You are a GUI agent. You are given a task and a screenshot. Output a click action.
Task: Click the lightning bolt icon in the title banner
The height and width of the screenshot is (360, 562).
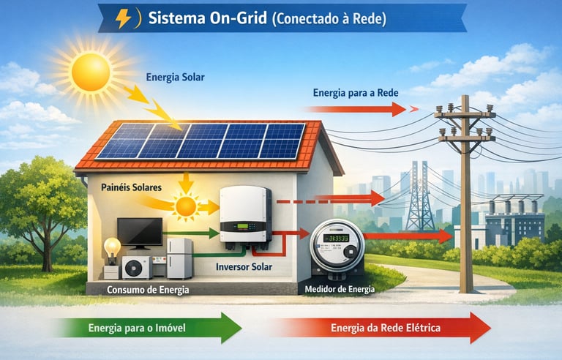pyautogui.click(x=124, y=18)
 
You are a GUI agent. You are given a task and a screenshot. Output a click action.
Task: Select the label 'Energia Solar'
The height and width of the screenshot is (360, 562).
pyautogui.click(x=176, y=76)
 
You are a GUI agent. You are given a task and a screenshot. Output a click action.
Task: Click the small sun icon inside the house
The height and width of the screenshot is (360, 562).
pyautogui.click(x=186, y=206)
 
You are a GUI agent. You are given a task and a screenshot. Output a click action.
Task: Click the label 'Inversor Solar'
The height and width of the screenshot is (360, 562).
pyautogui.click(x=244, y=266)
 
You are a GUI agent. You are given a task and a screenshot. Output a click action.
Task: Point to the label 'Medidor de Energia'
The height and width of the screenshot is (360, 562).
pyautogui.click(x=339, y=289)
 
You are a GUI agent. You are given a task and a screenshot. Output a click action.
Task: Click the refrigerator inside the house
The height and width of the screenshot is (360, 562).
pyautogui.click(x=179, y=258)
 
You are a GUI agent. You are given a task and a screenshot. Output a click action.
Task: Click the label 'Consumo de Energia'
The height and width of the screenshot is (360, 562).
pyautogui.click(x=149, y=290)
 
